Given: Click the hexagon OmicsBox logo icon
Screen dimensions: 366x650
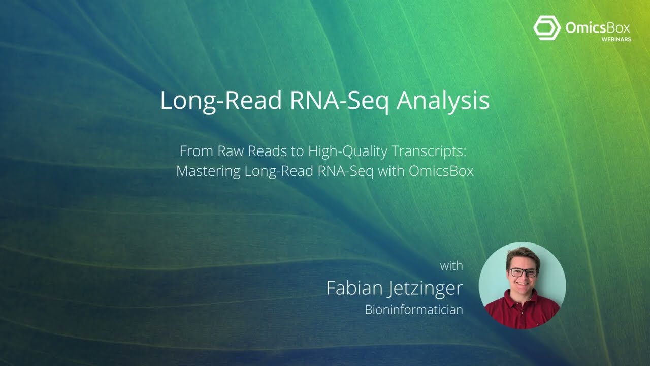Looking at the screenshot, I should pyautogui.click(x=546, y=27).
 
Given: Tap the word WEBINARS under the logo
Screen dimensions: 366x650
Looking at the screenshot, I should pyautogui.click(x=616, y=39).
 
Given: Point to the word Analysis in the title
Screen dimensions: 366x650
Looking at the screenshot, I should pyautogui.click(x=443, y=100).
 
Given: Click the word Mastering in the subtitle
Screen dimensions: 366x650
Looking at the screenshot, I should pyautogui.click(x=208, y=171).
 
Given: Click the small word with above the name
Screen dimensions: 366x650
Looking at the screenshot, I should pyautogui.click(x=451, y=265).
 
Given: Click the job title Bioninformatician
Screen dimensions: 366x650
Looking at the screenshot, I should pyautogui.click(x=413, y=309).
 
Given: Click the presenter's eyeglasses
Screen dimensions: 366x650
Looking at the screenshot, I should pyautogui.click(x=523, y=272).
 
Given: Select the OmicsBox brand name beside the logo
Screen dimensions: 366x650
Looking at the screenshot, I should pyautogui.click(x=597, y=27).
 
